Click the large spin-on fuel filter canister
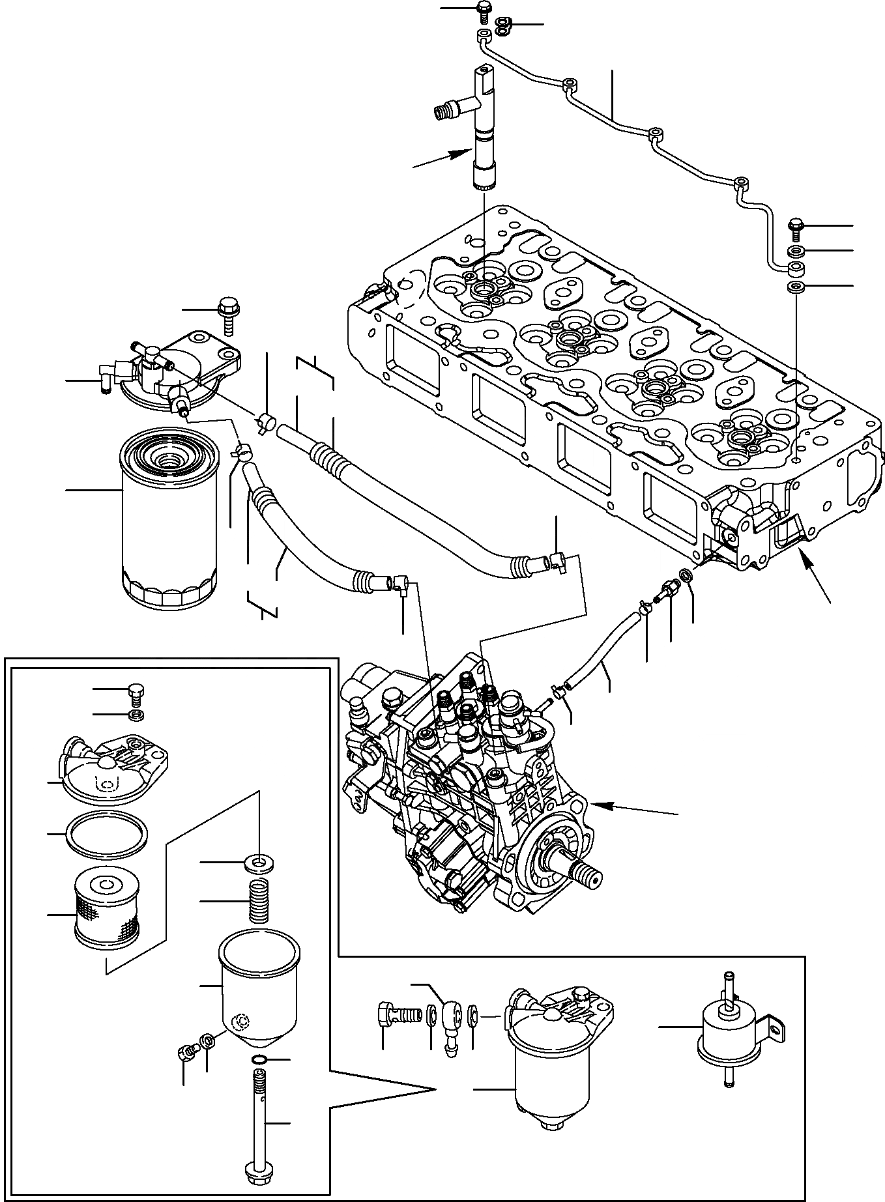[169, 521]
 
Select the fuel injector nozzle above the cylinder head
[483, 130]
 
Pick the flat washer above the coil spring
[259, 863]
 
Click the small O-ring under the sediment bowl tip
[259, 1060]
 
